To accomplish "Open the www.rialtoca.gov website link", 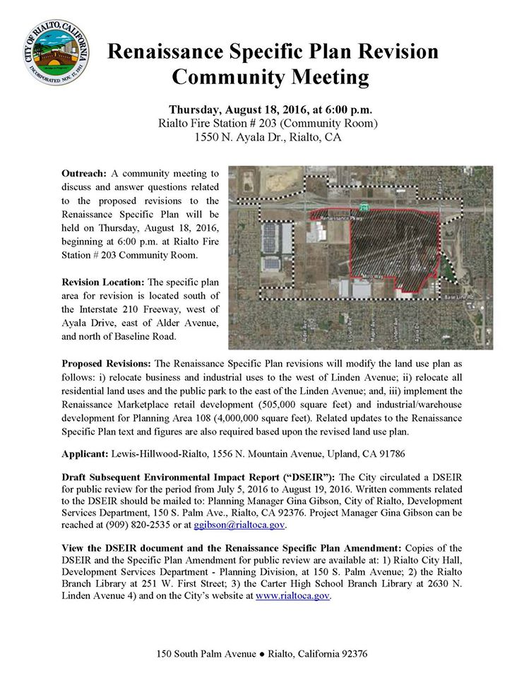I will (292, 595).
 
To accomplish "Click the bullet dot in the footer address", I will (261, 654).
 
